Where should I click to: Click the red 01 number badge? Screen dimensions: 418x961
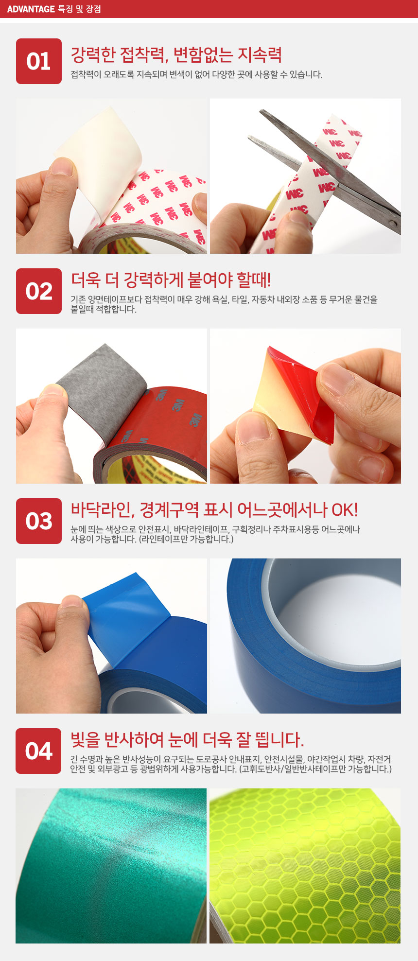coord(39,61)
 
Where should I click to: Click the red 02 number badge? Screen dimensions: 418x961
coord(39,291)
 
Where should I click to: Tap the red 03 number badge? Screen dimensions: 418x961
coord(39,521)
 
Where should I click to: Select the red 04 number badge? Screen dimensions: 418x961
coord(38,751)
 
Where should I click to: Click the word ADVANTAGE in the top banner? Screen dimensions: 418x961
coord(31,9)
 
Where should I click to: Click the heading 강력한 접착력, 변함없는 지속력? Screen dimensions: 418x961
coord(176,55)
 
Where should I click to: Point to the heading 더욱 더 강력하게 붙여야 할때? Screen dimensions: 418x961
coord(171,280)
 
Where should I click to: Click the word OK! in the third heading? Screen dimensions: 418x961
coord(345,510)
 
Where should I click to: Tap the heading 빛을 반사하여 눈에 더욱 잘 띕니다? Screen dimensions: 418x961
coord(188,740)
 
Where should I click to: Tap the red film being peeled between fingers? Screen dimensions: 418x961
coord(296,394)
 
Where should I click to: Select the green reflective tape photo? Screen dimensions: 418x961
coord(111,866)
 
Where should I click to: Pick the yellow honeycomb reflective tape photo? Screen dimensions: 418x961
coord(305,866)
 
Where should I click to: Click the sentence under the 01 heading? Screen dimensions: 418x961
coord(196,74)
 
